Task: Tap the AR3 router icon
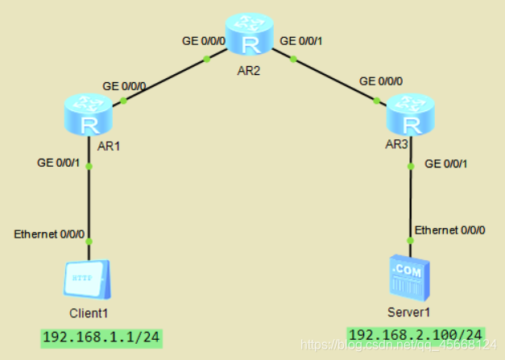(411, 116)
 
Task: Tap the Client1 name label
(89, 312)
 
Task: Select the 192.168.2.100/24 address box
(416, 334)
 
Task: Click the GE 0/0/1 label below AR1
(58, 163)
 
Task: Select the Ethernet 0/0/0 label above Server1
(450, 230)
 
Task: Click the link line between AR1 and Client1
(89, 201)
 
